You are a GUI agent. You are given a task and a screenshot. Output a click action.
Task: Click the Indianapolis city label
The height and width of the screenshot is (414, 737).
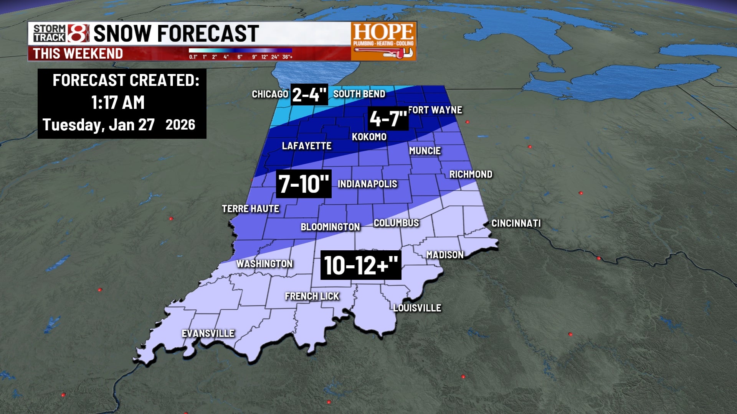click(367, 184)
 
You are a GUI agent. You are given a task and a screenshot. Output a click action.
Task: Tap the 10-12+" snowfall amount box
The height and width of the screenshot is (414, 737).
click(361, 265)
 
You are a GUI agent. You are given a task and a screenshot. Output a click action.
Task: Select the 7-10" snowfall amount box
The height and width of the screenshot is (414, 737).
click(304, 184)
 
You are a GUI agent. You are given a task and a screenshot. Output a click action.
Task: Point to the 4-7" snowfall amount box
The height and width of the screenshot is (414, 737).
click(388, 119)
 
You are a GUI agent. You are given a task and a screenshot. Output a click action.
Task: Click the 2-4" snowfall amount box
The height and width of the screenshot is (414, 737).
click(309, 94)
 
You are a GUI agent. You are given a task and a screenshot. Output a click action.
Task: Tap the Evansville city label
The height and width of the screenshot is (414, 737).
click(208, 333)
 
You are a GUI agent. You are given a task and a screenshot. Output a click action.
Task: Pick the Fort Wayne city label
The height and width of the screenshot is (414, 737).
click(435, 110)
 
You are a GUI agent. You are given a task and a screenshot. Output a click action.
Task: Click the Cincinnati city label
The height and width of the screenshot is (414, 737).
click(516, 223)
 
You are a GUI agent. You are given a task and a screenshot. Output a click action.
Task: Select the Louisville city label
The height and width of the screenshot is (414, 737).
click(417, 308)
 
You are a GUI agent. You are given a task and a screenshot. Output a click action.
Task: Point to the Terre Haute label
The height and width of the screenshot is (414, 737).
click(251, 209)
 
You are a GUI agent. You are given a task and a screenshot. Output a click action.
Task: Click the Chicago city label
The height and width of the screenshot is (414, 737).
click(270, 94)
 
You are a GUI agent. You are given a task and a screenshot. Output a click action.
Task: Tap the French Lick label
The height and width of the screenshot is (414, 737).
click(312, 296)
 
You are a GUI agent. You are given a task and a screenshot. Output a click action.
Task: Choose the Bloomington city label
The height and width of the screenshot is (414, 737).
click(330, 227)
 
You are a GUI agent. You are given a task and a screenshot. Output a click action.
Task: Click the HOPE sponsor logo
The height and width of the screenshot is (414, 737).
click(383, 41)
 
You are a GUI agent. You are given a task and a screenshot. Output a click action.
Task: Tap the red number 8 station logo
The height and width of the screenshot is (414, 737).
click(78, 33)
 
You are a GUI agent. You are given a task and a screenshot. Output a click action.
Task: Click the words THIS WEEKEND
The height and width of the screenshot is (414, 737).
click(78, 54)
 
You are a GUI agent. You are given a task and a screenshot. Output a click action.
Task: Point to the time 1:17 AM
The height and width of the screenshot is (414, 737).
click(118, 103)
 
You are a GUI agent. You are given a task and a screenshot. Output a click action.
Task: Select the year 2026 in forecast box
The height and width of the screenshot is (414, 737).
click(180, 125)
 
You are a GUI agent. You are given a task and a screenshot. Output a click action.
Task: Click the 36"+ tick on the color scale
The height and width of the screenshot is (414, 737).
click(288, 57)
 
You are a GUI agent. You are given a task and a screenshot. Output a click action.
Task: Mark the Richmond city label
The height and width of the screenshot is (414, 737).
click(471, 174)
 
